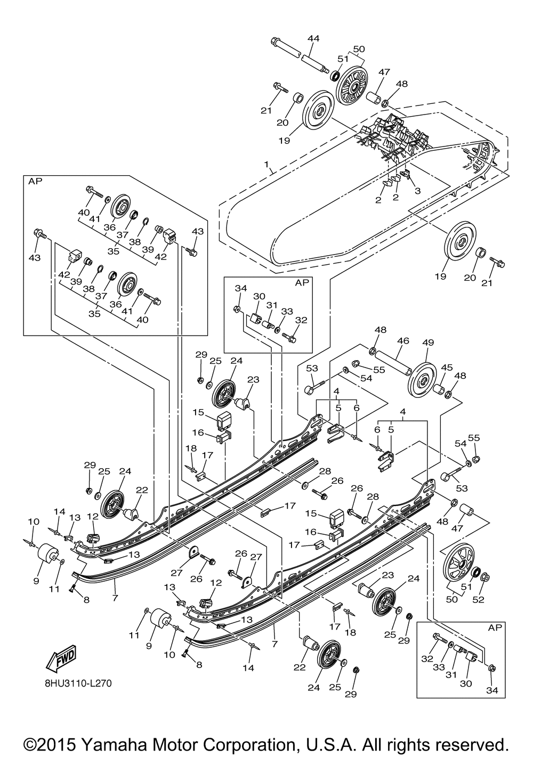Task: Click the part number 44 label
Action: (x=313, y=38)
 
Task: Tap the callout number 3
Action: (x=417, y=191)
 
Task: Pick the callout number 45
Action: (x=447, y=368)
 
